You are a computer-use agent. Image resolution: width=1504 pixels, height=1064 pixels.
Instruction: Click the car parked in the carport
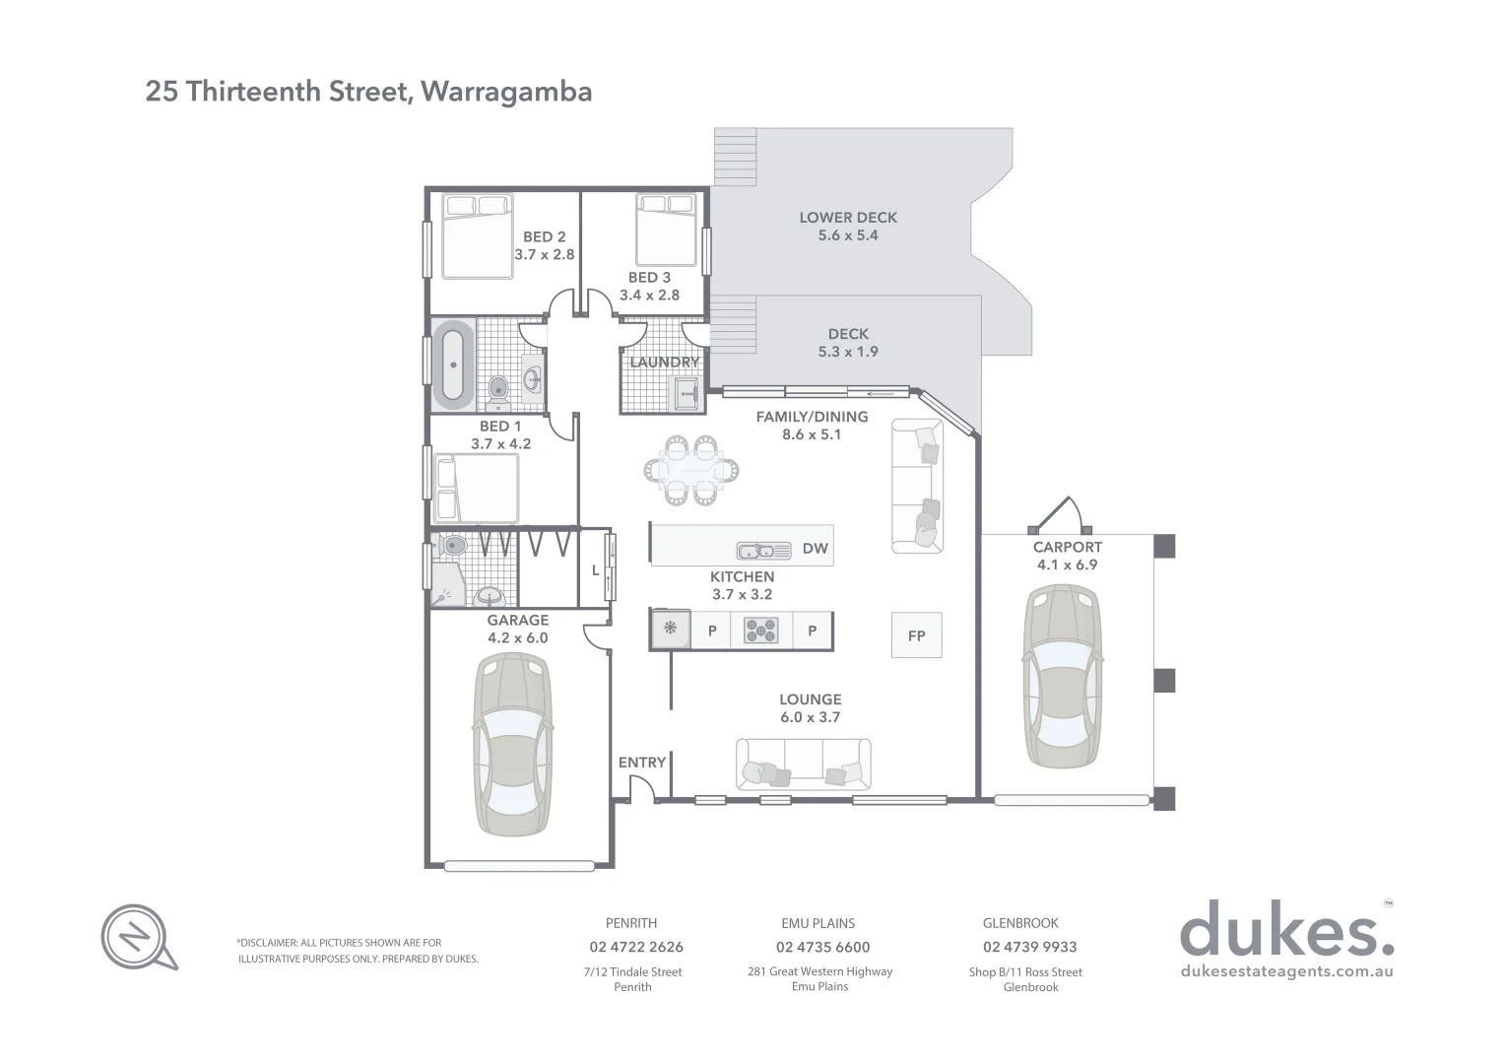[1063, 676]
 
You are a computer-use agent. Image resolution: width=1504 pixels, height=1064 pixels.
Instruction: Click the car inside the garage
[512, 745]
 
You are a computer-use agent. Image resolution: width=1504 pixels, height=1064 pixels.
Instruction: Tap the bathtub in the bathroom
[452, 364]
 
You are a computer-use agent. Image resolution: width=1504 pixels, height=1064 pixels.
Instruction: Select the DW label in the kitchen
[815, 549]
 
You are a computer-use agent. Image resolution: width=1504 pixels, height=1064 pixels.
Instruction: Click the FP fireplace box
[916, 635]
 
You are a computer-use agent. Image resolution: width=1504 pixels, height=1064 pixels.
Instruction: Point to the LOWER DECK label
[848, 218]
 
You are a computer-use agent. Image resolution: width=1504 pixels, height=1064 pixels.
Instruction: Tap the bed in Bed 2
[477, 236]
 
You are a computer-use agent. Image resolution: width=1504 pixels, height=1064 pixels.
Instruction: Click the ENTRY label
[642, 763]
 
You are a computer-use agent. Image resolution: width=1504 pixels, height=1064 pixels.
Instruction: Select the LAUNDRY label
[664, 363]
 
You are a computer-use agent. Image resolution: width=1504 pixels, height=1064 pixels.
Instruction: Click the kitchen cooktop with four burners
[760, 631]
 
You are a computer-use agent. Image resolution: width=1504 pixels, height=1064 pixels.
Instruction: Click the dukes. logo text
[1285, 931]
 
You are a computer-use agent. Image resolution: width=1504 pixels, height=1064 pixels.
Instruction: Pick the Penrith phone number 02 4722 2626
[635, 947]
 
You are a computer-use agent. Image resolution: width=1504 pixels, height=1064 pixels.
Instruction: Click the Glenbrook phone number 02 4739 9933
[1029, 947]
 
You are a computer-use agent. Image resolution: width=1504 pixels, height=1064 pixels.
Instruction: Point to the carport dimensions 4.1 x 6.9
[1067, 565]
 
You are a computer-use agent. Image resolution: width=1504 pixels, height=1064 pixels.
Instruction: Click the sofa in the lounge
[803, 764]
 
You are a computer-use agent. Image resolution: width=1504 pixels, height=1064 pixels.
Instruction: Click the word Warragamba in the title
[506, 92]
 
